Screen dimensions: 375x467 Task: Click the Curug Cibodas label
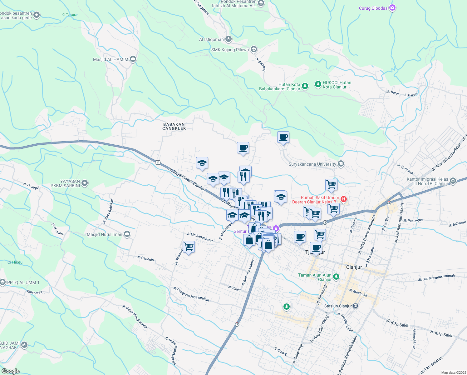click(x=373, y=8)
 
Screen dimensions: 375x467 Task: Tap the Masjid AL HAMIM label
click(x=111, y=59)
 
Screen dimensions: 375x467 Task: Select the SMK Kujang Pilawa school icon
click(x=254, y=49)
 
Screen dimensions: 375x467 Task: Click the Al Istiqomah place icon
click(x=229, y=39)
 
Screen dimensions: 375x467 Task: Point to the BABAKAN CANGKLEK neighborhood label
click(x=174, y=126)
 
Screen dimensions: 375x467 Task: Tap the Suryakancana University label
click(x=312, y=164)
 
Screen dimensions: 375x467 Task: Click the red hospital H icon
click(x=344, y=199)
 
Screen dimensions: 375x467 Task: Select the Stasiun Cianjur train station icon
click(x=356, y=306)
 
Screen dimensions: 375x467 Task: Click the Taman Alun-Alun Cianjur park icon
click(x=336, y=276)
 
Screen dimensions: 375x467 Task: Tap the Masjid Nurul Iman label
click(x=105, y=234)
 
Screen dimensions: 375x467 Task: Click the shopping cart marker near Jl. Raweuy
click(x=189, y=247)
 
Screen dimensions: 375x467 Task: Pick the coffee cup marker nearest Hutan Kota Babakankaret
click(x=283, y=137)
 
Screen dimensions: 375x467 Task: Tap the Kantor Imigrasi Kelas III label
click(x=427, y=182)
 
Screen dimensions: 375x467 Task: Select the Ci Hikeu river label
click(x=15, y=262)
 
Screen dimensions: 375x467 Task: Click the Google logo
click(x=10, y=371)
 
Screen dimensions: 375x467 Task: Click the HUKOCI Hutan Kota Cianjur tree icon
click(x=318, y=84)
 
